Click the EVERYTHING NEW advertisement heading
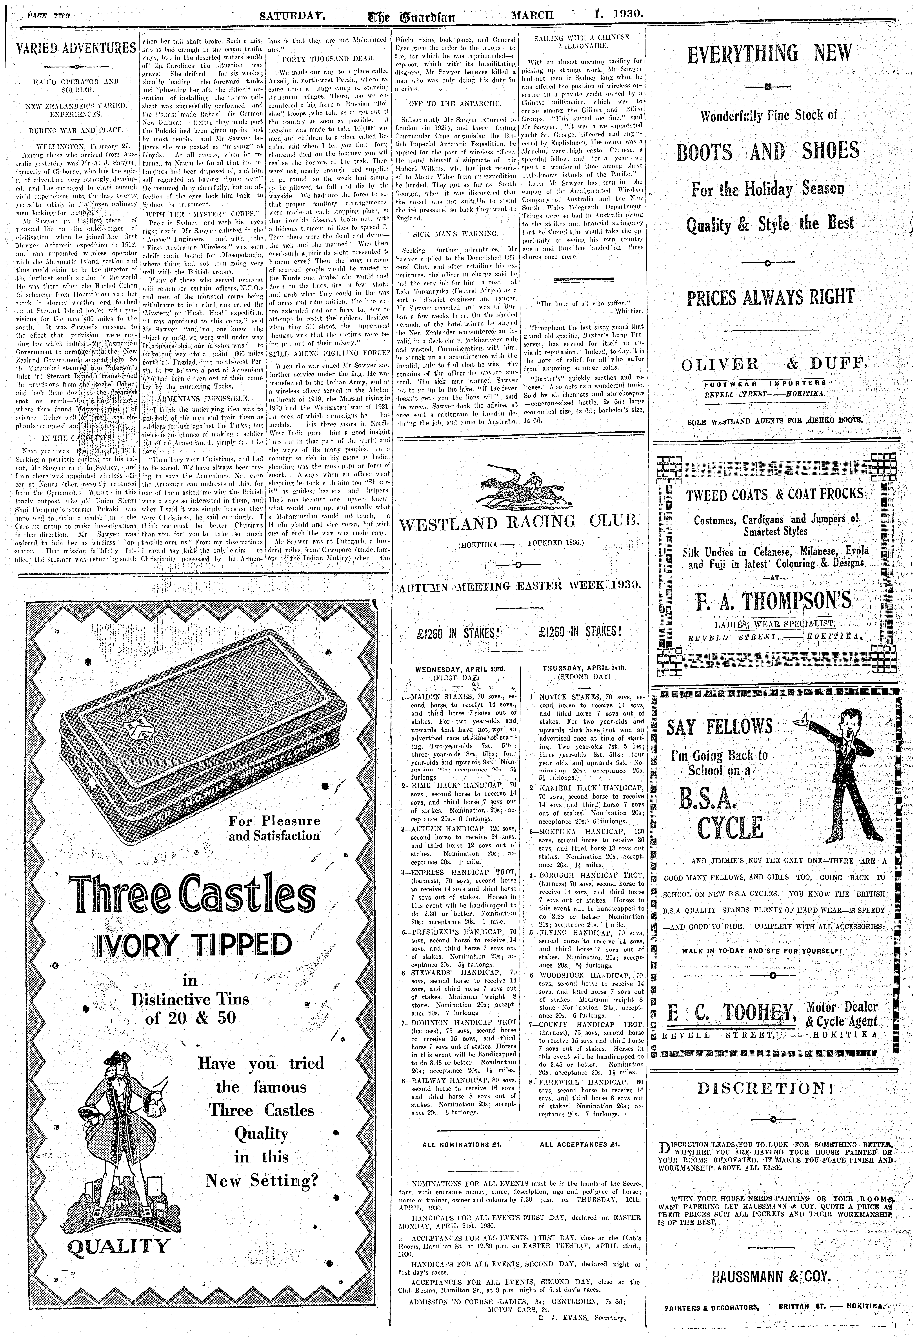(x=769, y=54)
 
